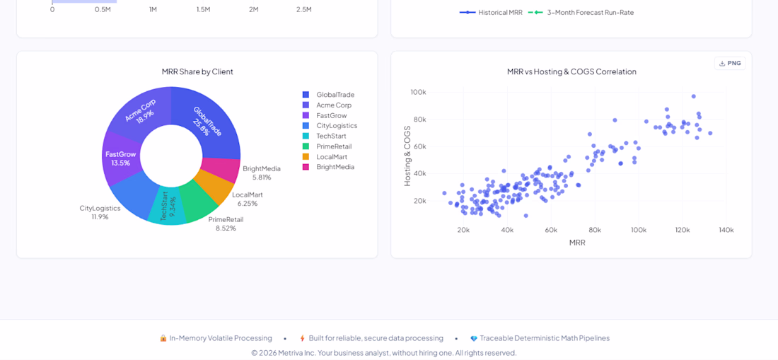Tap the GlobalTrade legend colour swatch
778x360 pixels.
[306, 95]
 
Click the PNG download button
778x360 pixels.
[730, 64]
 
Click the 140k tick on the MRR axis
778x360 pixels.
[726, 230]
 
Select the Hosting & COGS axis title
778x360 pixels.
[407, 156]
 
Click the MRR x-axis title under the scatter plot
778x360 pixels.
[577, 243]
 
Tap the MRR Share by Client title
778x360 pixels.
[197, 71]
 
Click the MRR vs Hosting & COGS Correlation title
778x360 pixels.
[571, 71]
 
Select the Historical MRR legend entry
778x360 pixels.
[492, 13]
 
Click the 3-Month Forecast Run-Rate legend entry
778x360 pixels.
[581, 13]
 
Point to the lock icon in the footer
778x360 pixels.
[163, 338]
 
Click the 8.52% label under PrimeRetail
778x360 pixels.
[226, 228]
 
